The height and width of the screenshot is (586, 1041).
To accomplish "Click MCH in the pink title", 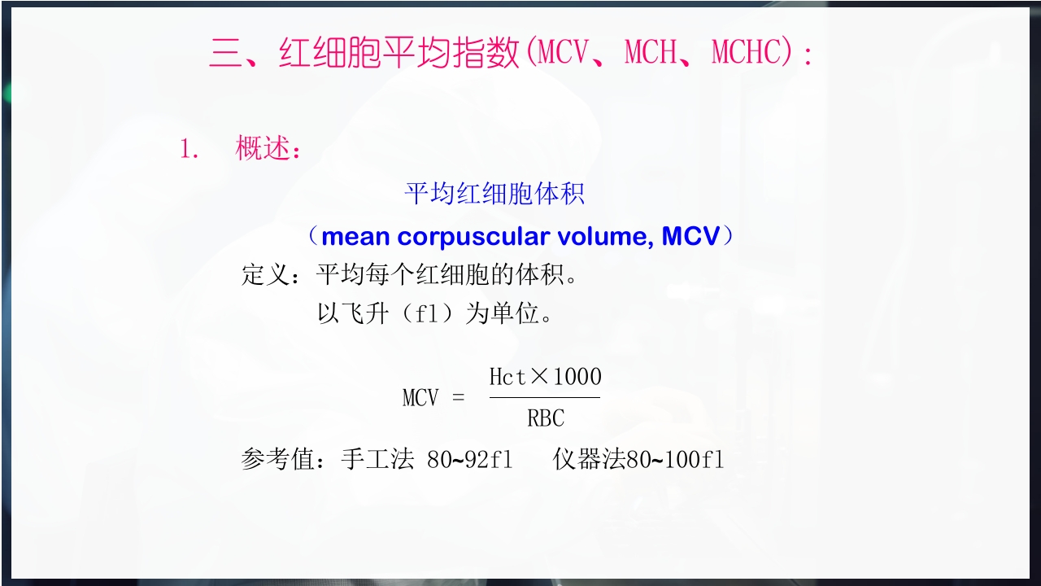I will tap(651, 54).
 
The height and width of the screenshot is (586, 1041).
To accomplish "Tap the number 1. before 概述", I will tap(189, 150).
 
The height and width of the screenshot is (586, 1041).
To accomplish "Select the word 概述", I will tap(263, 150).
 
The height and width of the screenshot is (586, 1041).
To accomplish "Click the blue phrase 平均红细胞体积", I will tap(494, 194).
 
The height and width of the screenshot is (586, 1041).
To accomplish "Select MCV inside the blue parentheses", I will tap(690, 237).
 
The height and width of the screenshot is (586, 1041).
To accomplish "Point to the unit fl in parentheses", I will tap(427, 314).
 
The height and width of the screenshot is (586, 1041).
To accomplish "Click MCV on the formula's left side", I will tap(420, 398).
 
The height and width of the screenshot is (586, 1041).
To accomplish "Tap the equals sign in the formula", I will tap(458, 398).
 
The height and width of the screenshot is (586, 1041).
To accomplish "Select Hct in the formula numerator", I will tap(507, 377).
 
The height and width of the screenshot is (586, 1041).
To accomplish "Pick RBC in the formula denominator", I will tap(545, 418).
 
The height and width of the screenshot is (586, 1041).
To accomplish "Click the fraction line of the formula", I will tap(545, 397).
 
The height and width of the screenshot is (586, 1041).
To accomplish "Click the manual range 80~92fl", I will tap(470, 460).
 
